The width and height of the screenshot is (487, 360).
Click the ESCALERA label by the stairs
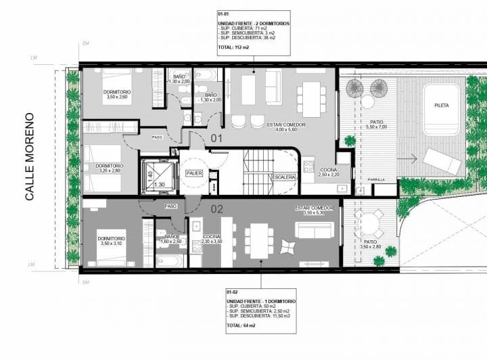click(x=284, y=177)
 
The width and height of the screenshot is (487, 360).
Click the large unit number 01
click(x=216, y=139)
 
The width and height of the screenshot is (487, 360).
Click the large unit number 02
click(x=216, y=209)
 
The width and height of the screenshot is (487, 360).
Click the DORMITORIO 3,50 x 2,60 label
click(x=117, y=94)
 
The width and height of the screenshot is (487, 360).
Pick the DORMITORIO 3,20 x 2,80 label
click(x=109, y=168)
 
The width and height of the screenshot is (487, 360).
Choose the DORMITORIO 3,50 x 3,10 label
click(x=110, y=241)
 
